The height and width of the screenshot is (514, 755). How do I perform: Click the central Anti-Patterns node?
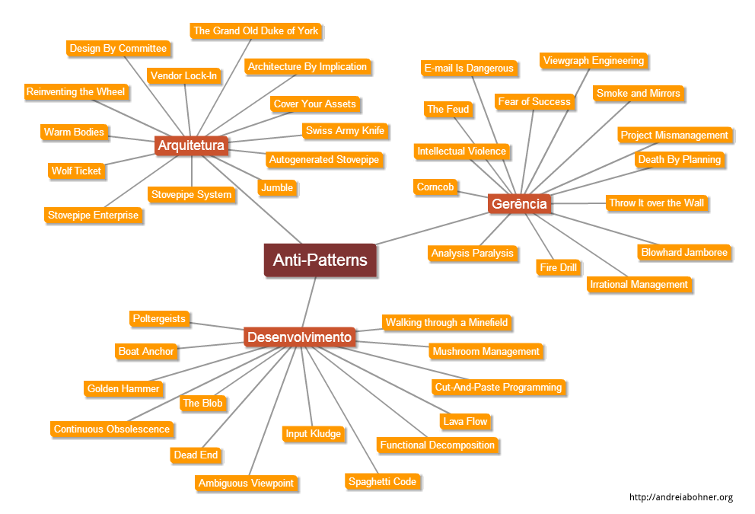320,260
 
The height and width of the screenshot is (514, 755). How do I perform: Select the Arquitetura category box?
191,144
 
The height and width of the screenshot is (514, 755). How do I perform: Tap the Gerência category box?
519,204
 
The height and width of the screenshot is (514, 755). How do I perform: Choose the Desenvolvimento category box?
299,337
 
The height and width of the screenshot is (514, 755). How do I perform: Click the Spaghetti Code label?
382,481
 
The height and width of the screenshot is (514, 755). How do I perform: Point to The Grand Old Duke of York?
256,31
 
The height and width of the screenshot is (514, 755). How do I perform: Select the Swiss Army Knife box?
345,130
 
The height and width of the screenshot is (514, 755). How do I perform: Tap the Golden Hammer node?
123,388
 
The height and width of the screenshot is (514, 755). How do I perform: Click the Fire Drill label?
558,267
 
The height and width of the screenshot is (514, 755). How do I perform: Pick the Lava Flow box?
465,421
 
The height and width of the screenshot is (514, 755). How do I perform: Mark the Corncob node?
435,187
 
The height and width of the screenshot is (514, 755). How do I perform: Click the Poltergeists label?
158,319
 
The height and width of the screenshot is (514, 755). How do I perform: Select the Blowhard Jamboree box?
684,252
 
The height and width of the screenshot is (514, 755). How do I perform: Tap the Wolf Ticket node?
76,171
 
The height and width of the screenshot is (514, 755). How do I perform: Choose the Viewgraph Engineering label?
594,61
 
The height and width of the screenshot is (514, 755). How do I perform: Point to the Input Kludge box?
313,433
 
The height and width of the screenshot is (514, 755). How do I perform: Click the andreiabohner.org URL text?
680,497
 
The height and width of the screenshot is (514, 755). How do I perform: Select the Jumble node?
276,187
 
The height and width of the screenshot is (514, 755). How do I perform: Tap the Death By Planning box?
679,159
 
